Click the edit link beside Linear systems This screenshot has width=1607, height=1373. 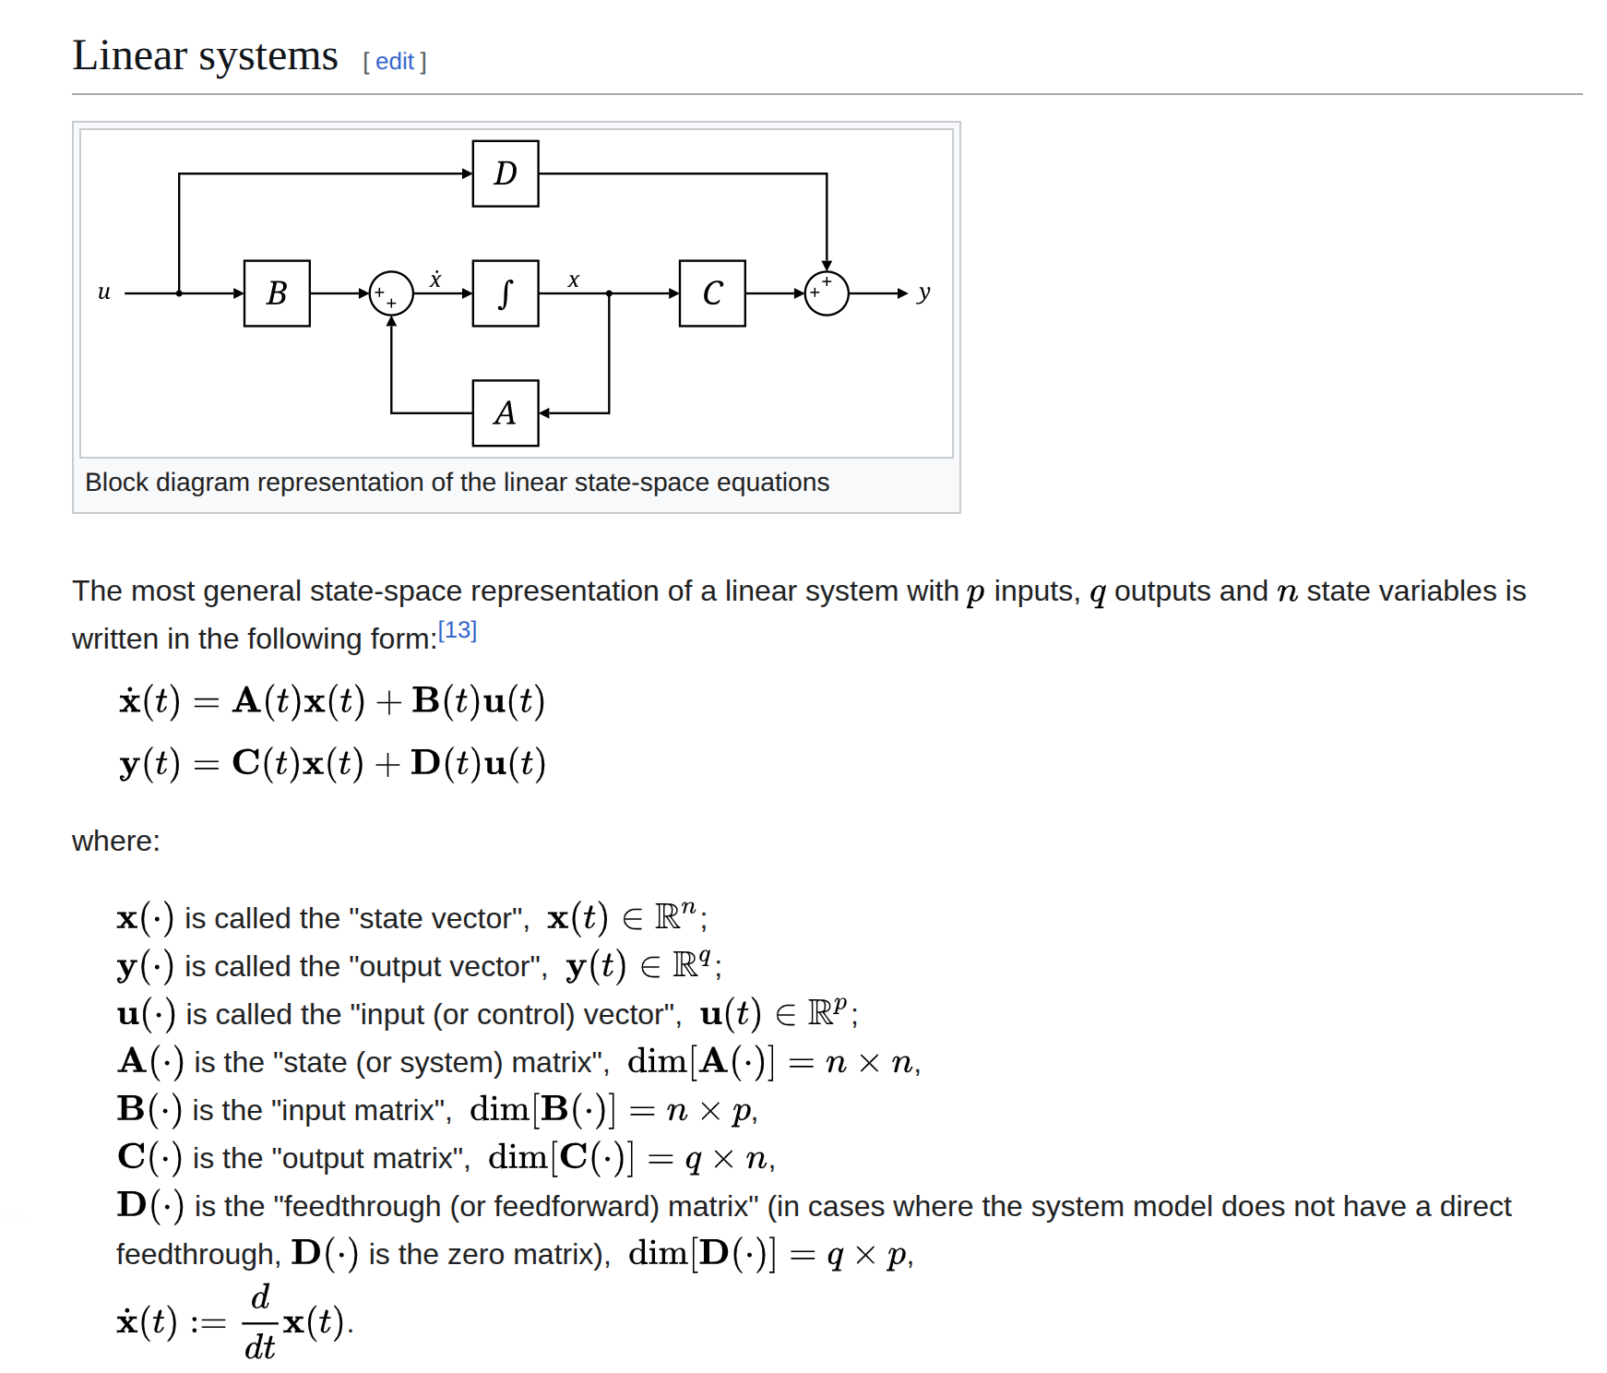394,62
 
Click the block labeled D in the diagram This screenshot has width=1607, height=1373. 505,173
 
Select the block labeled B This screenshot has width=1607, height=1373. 277,293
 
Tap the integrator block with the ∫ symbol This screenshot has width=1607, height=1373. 505,293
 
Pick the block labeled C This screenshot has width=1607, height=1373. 712,293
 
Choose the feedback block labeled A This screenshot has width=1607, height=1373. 505,413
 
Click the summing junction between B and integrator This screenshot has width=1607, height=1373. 391,293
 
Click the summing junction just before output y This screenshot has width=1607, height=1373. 826,293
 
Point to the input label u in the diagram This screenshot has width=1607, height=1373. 104,292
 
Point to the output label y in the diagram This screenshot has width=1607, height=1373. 923,293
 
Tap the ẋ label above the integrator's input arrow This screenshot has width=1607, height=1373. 435,279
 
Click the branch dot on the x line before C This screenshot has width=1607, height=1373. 609,293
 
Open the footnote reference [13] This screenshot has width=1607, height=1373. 457,630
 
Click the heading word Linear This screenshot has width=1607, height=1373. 129,55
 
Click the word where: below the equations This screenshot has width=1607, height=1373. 115,841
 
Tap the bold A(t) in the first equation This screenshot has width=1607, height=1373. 267,700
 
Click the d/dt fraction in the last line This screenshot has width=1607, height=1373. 260,1322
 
